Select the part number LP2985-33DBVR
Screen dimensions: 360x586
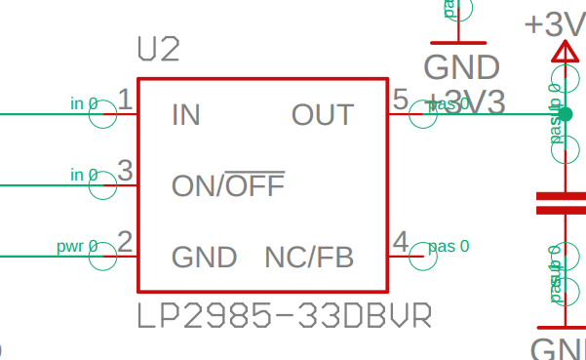[284, 317]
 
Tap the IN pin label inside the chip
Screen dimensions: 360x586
[185, 115]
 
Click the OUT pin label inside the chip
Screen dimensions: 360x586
[322, 115]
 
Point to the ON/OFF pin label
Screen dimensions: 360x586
[228, 184]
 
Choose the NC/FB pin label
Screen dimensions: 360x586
[308, 258]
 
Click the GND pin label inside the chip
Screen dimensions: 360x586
[204, 258]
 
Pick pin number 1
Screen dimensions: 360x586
[125, 99]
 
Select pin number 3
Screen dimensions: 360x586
[125, 170]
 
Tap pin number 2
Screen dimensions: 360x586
[125, 241]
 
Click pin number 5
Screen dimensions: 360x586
[400, 99]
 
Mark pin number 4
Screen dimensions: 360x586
[400, 241]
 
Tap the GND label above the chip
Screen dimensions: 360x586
[461, 67]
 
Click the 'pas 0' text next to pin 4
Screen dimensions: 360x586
[449, 245]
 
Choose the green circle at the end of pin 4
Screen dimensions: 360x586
[422, 257]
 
